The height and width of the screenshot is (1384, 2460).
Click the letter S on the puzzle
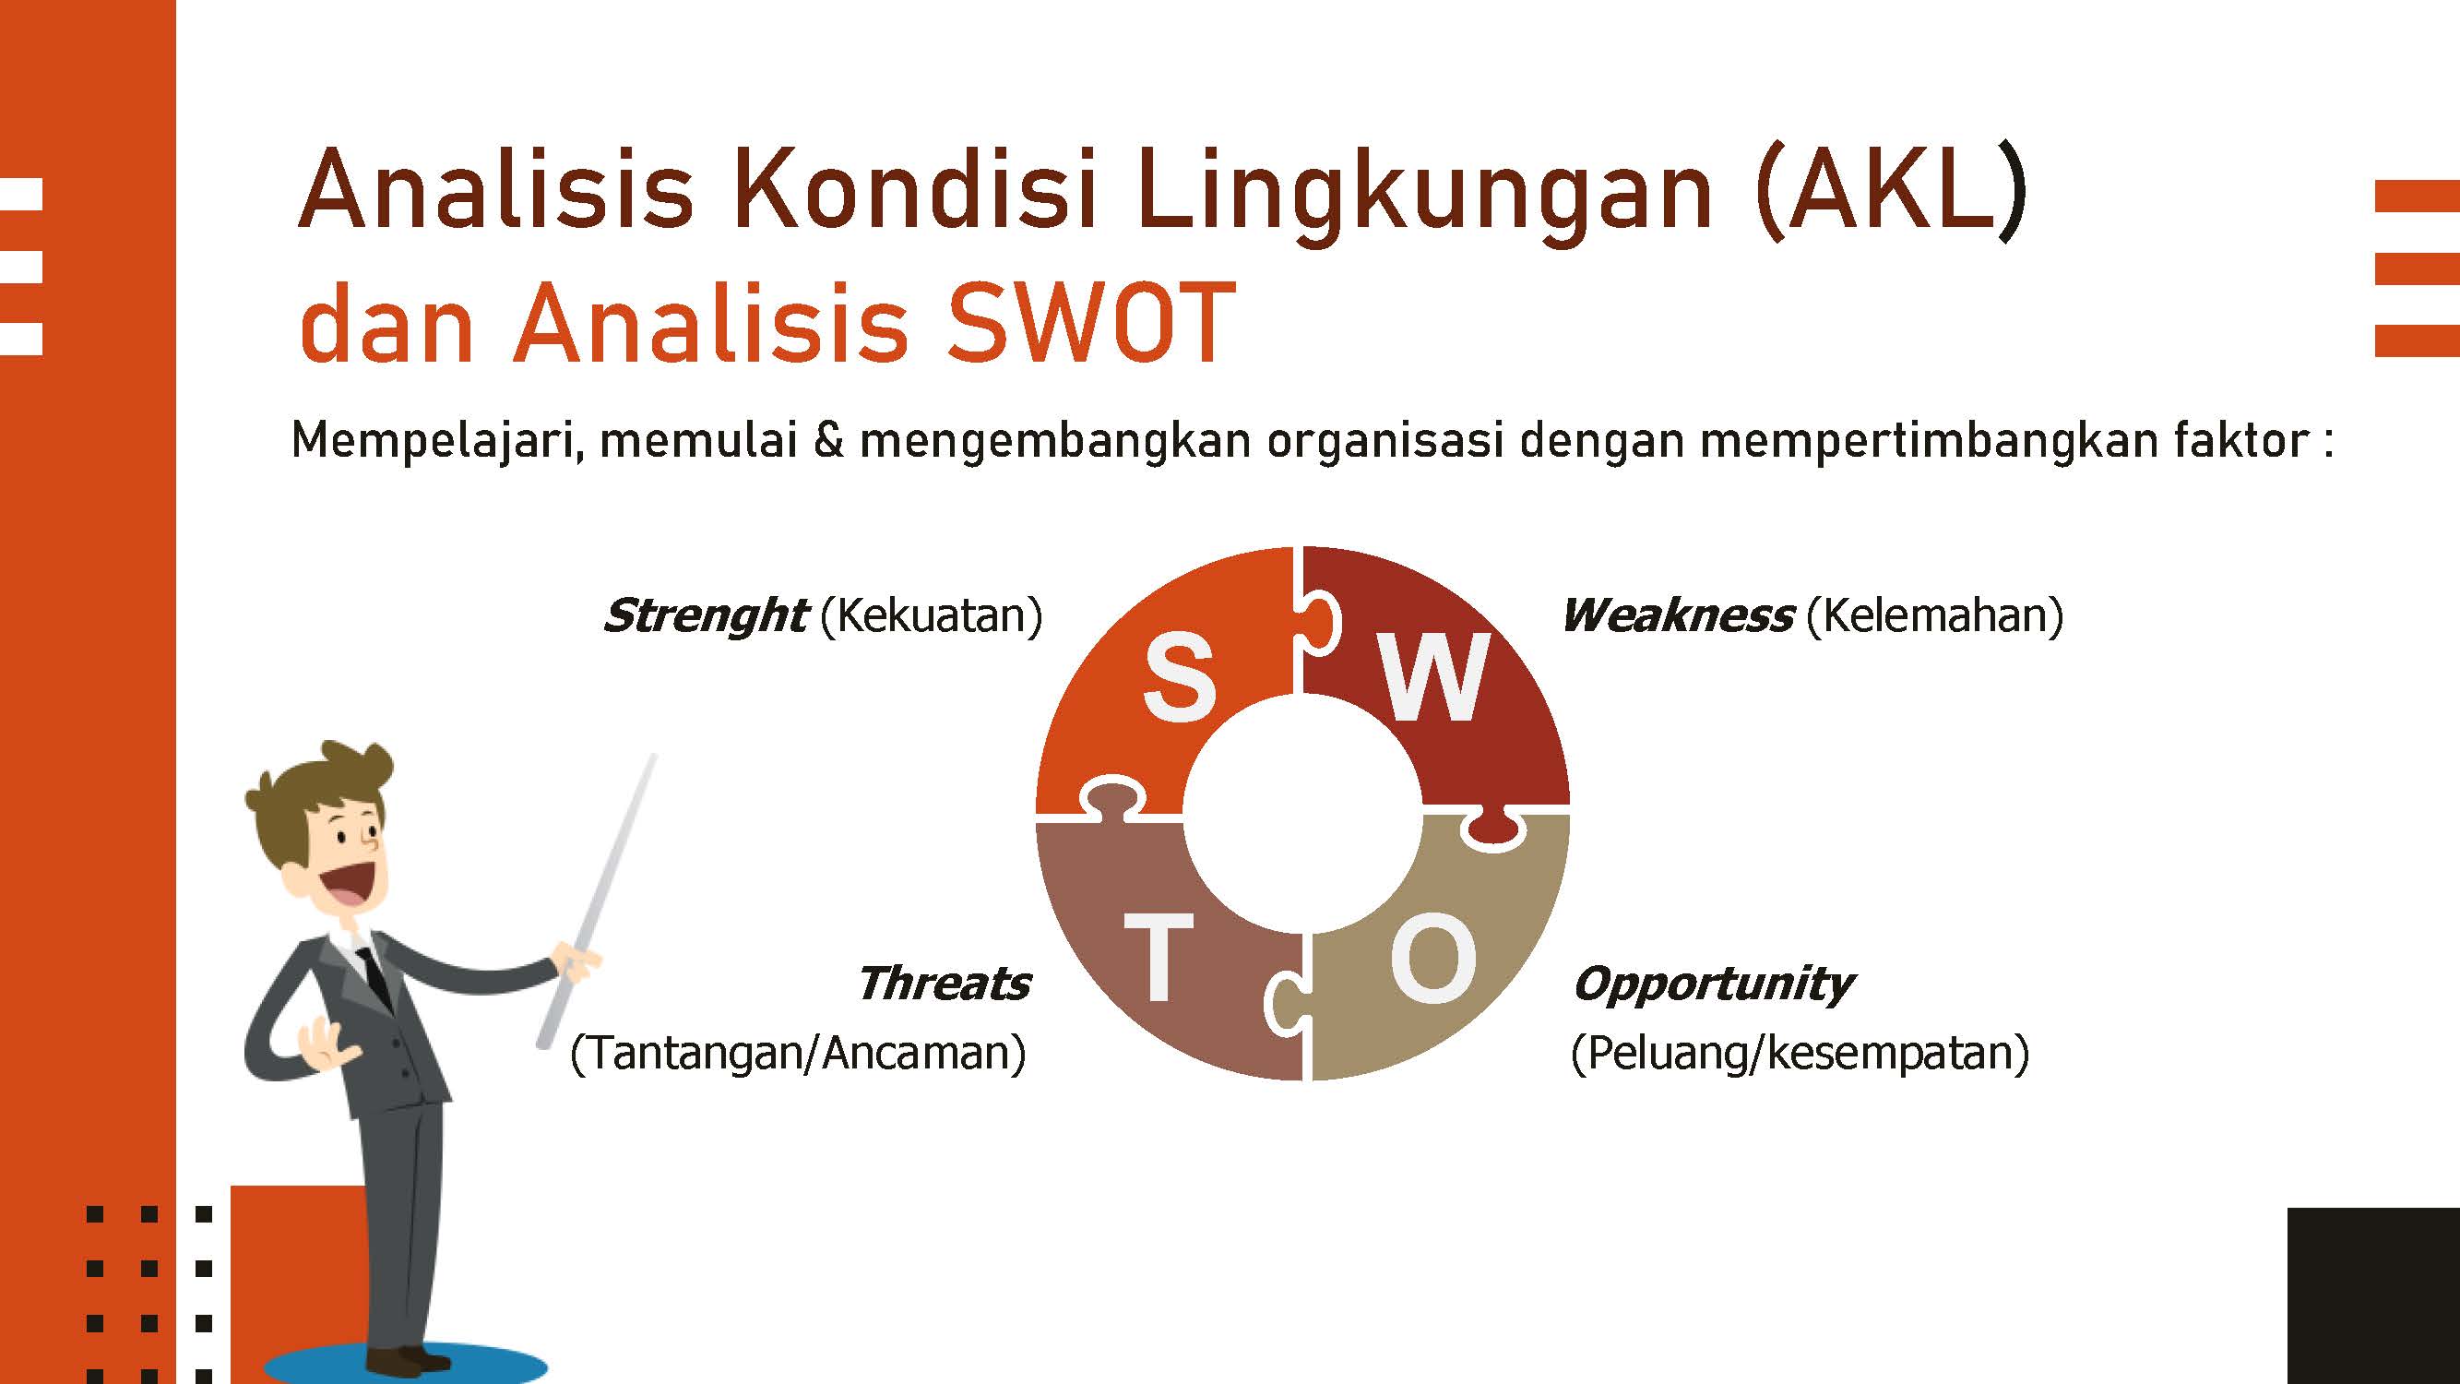pyautogui.click(x=1180, y=679)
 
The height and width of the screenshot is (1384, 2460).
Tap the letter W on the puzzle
pyautogui.click(x=1433, y=677)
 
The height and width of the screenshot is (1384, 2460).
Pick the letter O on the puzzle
pyautogui.click(x=1433, y=958)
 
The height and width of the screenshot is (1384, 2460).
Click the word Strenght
pyautogui.click(x=705, y=616)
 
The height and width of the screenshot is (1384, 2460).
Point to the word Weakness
pyautogui.click(x=1677, y=616)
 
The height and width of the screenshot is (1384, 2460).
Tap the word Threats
pyautogui.click(x=944, y=984)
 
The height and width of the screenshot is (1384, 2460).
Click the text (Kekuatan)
pyautogui.click(x=931, y=616)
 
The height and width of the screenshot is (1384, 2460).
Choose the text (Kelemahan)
pyautogui.click(x=1935, y=616)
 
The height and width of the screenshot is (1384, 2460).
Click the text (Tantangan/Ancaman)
pyautogui.click(x=797, y=1054)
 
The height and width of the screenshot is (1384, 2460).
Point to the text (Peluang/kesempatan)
pyautogui.click(x=1800, y=1054)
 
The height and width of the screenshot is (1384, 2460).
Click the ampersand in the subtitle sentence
pyautogui.click(x=829, y=439)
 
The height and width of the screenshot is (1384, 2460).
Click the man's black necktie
pyautogui.click(x=376, y=975)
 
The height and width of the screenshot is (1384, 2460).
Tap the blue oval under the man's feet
pyautogui.click(x=405, y=1366)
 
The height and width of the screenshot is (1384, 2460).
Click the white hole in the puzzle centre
pyautogui.click(x=1302, y=813)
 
